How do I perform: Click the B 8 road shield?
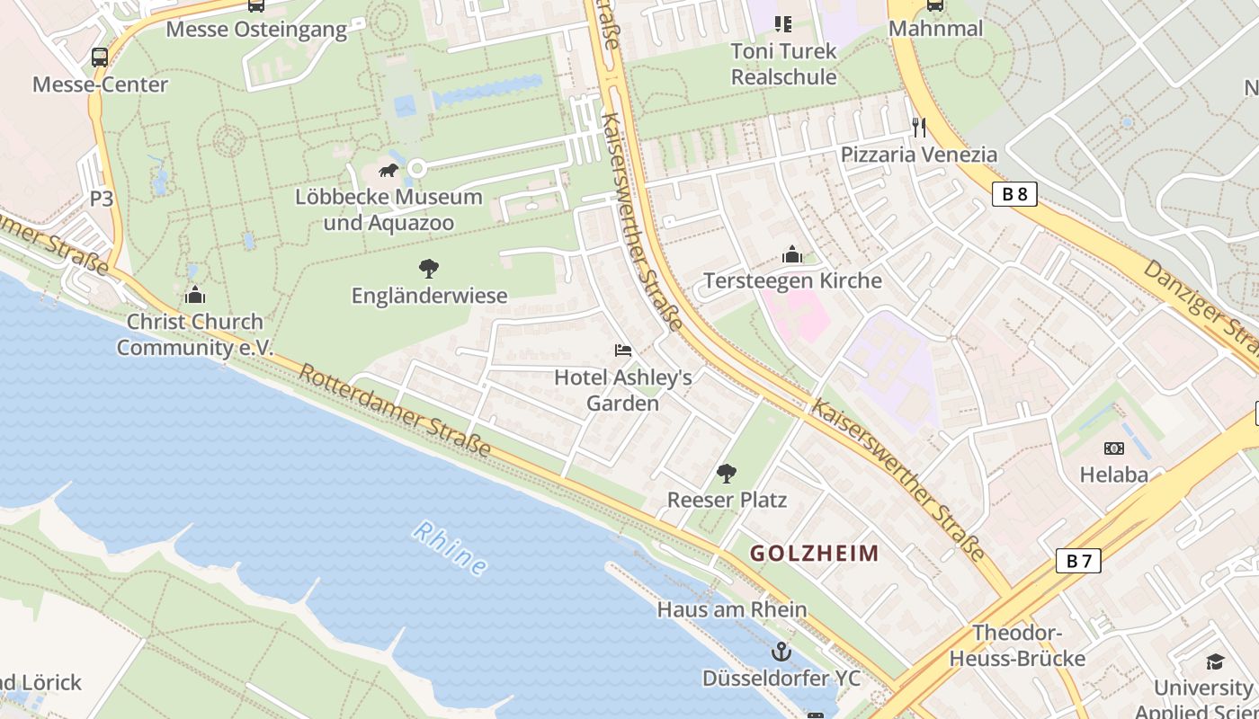coord(1014,194)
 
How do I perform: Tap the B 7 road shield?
coord(1077,561)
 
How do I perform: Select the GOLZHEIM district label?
coord(815,553)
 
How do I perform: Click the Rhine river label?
coord(451,549)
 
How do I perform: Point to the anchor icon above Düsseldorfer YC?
coord(781,651)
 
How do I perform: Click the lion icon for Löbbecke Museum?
coord(388,170)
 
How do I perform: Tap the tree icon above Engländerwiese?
coord(429,268)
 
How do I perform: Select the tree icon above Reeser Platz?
coord(727,473)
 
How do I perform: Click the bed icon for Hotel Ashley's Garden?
coord(623,350)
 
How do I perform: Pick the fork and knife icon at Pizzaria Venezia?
coord(918,128)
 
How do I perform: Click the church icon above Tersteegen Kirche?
coord(792,254)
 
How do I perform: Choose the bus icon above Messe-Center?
coord(100,58)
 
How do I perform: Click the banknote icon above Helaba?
coord(1114,448)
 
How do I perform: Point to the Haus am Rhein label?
coord(732,609)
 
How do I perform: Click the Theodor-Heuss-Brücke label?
coord(1017,645)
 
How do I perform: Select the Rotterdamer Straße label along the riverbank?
coord(396,410)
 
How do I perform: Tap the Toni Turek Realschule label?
coord(783,64)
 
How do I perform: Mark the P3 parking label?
coord(102,199)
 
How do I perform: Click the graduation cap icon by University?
coord(1216,661)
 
